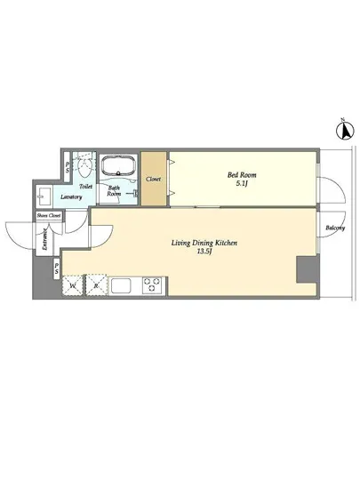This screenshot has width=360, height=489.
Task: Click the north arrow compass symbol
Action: click(345, 130)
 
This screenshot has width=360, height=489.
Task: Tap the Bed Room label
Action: click(242, 174)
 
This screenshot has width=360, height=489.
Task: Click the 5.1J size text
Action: click(242, 183)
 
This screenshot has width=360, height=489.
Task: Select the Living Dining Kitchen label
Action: click(204, 243)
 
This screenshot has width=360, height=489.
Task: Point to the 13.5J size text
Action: click(204, 252)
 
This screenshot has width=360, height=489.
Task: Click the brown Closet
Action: click(154, 179)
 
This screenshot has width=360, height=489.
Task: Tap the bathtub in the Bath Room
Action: click(119, 165)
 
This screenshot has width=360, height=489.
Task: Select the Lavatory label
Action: click(71, 196)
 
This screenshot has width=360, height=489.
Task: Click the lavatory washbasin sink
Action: click(44, 196)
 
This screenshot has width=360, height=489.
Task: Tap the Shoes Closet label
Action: click(49, 215)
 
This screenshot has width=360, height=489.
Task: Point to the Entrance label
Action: click(44, 239)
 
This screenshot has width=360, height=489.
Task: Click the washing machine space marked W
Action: click(73, 285)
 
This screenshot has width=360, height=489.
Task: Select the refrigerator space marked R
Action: click(96, 285)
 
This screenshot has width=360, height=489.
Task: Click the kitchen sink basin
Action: click(121, 285)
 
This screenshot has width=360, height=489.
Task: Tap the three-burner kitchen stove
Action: click(152, 285)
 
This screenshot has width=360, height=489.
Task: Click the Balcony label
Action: click(335, 228)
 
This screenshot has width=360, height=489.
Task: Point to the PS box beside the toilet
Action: click(68, 167)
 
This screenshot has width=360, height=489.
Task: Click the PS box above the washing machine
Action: click(56, 269)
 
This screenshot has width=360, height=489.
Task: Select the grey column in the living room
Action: click(307, 269)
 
